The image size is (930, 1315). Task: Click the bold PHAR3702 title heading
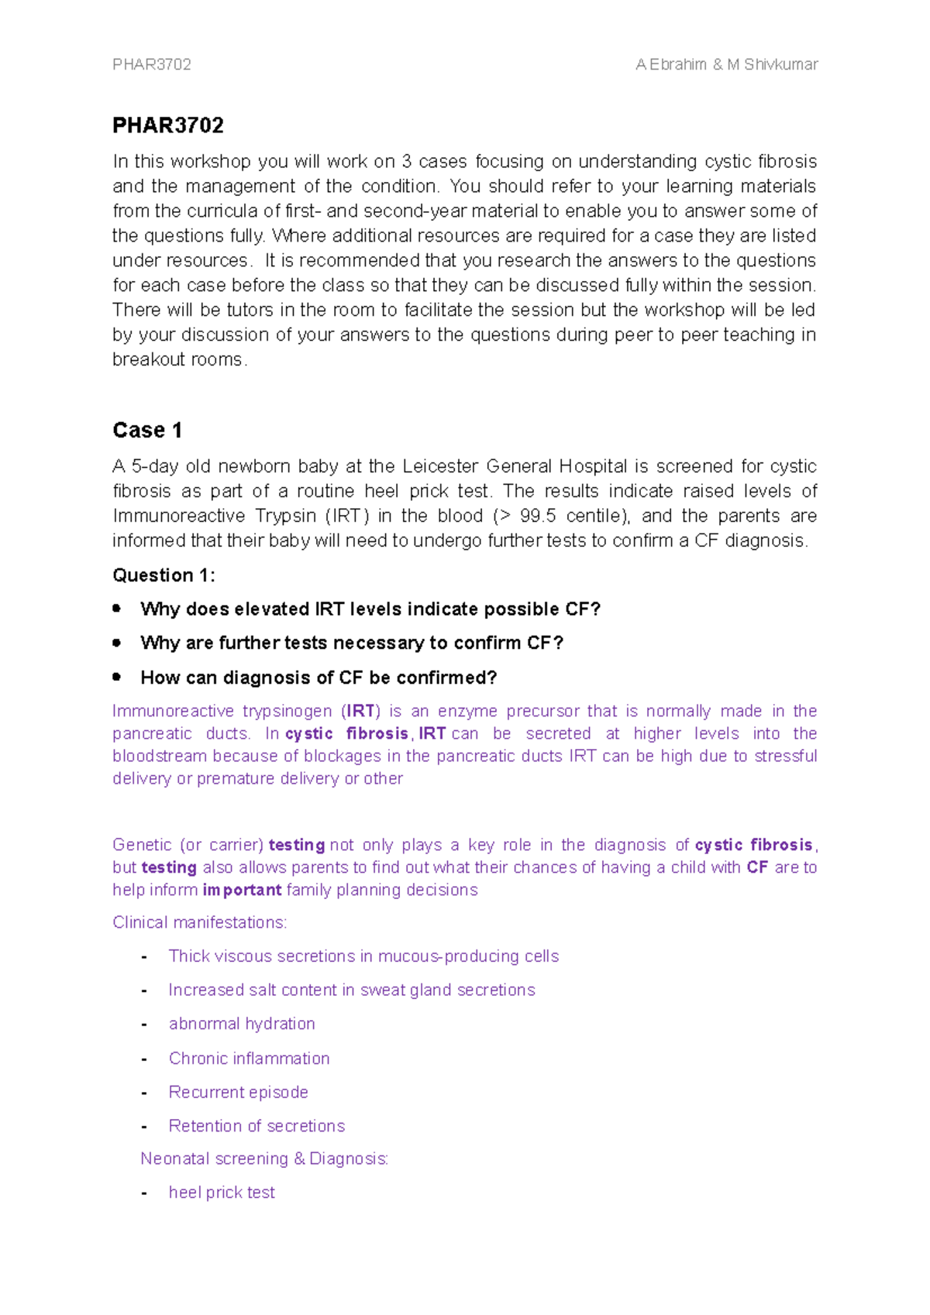point(168,125)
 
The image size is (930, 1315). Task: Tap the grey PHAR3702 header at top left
point(152,65)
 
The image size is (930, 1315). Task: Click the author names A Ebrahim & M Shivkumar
point(726,65)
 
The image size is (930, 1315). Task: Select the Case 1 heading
point(147,431)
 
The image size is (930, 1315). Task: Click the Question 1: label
point(164,575)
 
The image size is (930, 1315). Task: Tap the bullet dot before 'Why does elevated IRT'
point(117,609)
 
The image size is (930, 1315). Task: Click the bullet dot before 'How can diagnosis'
point(117,677)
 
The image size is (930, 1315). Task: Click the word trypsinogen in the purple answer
point(287,712)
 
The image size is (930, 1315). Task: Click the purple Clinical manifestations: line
point(200,923)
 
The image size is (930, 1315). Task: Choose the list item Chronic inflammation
point(249,1059)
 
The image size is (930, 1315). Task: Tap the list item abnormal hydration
point(242,1025)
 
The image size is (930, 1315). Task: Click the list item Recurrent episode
point(239,1093)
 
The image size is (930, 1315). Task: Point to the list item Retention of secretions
point(257,1127)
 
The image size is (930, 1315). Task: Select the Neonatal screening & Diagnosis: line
point(264,1159)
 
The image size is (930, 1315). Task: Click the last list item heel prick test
point(222,1193)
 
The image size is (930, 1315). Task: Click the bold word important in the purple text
point(242,891)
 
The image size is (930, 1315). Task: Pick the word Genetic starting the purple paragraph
point(142,846)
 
